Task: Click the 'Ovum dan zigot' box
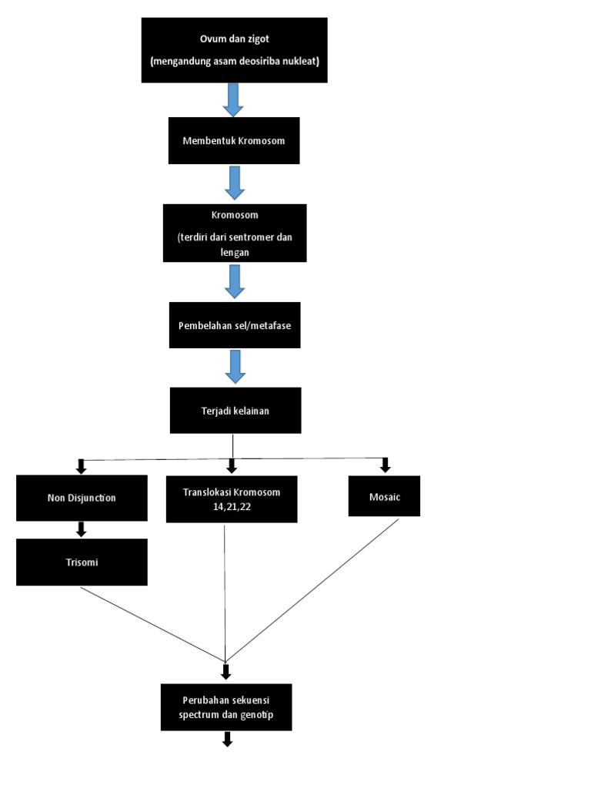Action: click(235, 50)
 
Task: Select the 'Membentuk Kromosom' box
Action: click(234, 141)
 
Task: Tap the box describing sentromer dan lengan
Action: click(235, 233)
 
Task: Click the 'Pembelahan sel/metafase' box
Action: click(234, 325)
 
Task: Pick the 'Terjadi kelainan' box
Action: click(235, 410)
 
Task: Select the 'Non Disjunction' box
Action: click(82, 498)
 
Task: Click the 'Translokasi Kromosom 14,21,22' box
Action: click(232, 499)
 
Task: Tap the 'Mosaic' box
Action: click(384, 495)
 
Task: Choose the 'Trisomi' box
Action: click(82, 562)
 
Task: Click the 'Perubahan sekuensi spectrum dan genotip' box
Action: click(226, 707)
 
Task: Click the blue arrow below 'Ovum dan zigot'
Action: click(233, 99)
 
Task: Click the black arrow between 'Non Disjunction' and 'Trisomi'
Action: click(81, 529)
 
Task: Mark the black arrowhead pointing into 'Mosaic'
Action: click(386, 465)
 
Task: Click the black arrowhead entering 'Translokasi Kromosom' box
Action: click(232, 466)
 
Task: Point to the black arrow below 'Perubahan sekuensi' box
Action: click(227, 740)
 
